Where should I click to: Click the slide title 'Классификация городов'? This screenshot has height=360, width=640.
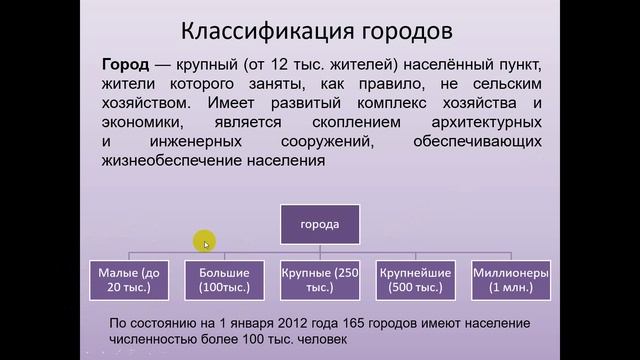[x=319, y=28]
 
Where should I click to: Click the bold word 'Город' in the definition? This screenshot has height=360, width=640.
[x=127, y=64]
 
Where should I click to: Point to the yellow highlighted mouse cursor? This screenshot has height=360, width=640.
[x=205, y=243]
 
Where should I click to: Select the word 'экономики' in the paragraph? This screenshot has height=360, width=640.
[x=142, y=122]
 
